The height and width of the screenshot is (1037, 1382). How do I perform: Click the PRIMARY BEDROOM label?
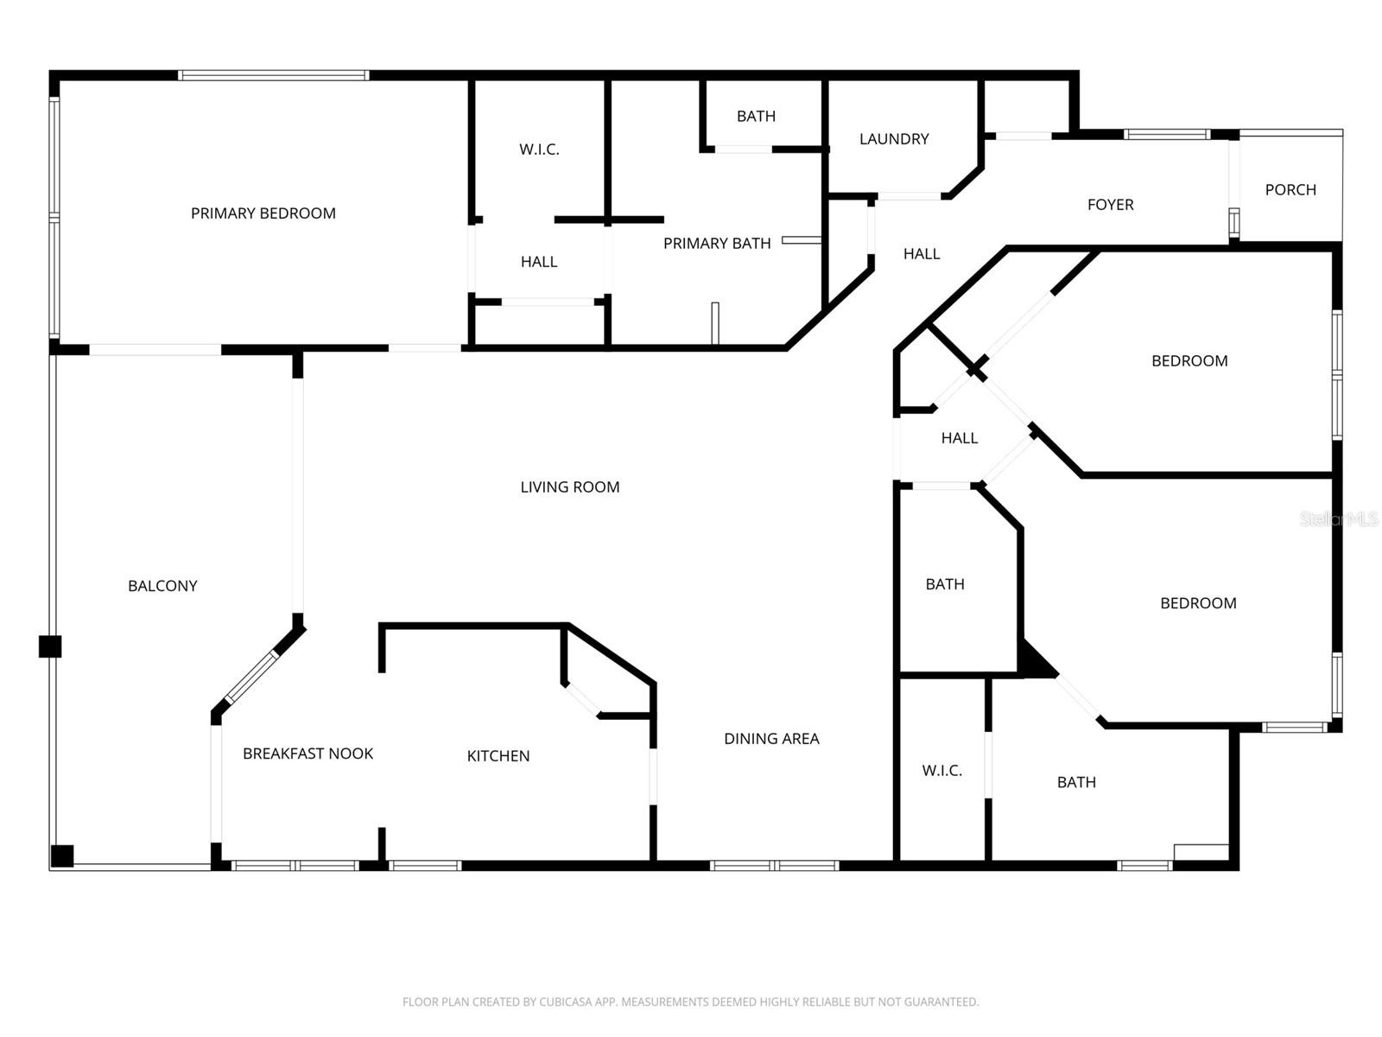tap(263, 213)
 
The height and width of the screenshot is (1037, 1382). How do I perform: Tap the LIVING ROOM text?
tap(570, 487)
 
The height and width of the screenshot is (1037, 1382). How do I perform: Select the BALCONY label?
tap(162, 586)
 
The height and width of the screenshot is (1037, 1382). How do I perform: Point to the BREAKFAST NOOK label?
tap(307, 753)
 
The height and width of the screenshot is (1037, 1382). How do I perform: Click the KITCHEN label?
tap(498, 755)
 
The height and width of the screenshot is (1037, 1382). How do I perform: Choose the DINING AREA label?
tap(771, 739)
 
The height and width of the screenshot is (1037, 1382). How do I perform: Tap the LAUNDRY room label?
tap(894, 138)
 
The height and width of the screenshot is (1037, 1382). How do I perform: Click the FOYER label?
tap(1110, 205)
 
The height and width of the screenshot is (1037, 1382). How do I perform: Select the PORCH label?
tap(1290, 189)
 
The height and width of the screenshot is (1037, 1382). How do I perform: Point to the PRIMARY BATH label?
tap(717, 243)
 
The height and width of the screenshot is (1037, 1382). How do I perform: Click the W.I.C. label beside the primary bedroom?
tap(539, 150)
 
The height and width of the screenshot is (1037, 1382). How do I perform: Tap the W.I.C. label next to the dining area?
tap(941, 770)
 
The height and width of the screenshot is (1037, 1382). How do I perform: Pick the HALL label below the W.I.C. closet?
tap(539, 261)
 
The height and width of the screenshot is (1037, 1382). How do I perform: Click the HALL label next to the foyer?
tap(922, 254)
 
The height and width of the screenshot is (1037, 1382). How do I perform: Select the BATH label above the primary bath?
tap(756, 116)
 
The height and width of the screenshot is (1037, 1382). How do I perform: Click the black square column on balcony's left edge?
tap(50, 646)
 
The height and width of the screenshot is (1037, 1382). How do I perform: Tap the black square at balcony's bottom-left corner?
tap(62, 856)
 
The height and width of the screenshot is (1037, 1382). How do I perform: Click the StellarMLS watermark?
tap(1339, 518)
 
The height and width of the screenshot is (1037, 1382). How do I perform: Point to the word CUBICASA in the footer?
tap(562, 1002)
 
